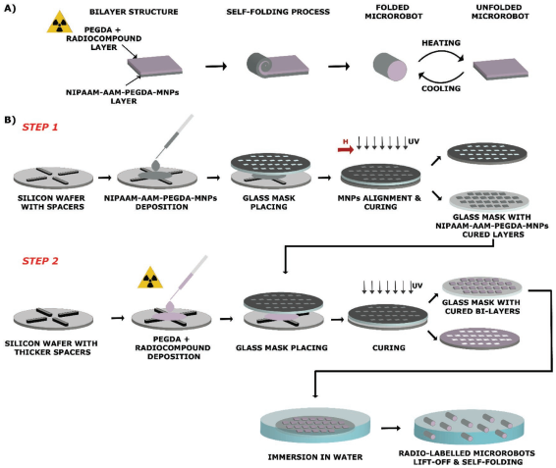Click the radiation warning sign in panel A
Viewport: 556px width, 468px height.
coord(60,23)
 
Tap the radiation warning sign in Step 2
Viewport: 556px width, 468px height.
coord(150,278)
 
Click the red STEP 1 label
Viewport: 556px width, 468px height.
coord(40,127)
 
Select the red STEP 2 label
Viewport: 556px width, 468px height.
coord(40,261)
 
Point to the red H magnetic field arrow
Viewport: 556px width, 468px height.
coord(346,149)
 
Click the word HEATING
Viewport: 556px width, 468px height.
coord(441,43)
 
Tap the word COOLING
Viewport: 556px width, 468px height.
coord(441,88)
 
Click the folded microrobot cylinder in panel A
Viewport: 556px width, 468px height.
coord(390,67)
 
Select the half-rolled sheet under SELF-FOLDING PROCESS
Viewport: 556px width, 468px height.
coord(278,66)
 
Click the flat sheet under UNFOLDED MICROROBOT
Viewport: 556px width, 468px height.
coord(501,69)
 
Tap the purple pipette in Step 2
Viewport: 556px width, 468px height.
coord(187,283)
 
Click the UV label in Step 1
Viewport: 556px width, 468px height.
coord(414,141)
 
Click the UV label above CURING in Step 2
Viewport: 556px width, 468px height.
coord(417,286)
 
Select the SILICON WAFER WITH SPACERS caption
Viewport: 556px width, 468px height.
coord(52,202)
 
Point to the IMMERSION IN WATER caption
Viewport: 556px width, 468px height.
coord(315,457)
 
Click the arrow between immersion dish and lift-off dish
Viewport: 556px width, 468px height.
coord(391,428)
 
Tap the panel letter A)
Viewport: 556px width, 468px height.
coord(10,8)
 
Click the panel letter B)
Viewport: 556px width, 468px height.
coord(10,120)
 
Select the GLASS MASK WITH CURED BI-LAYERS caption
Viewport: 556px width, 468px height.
coord(482,307)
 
